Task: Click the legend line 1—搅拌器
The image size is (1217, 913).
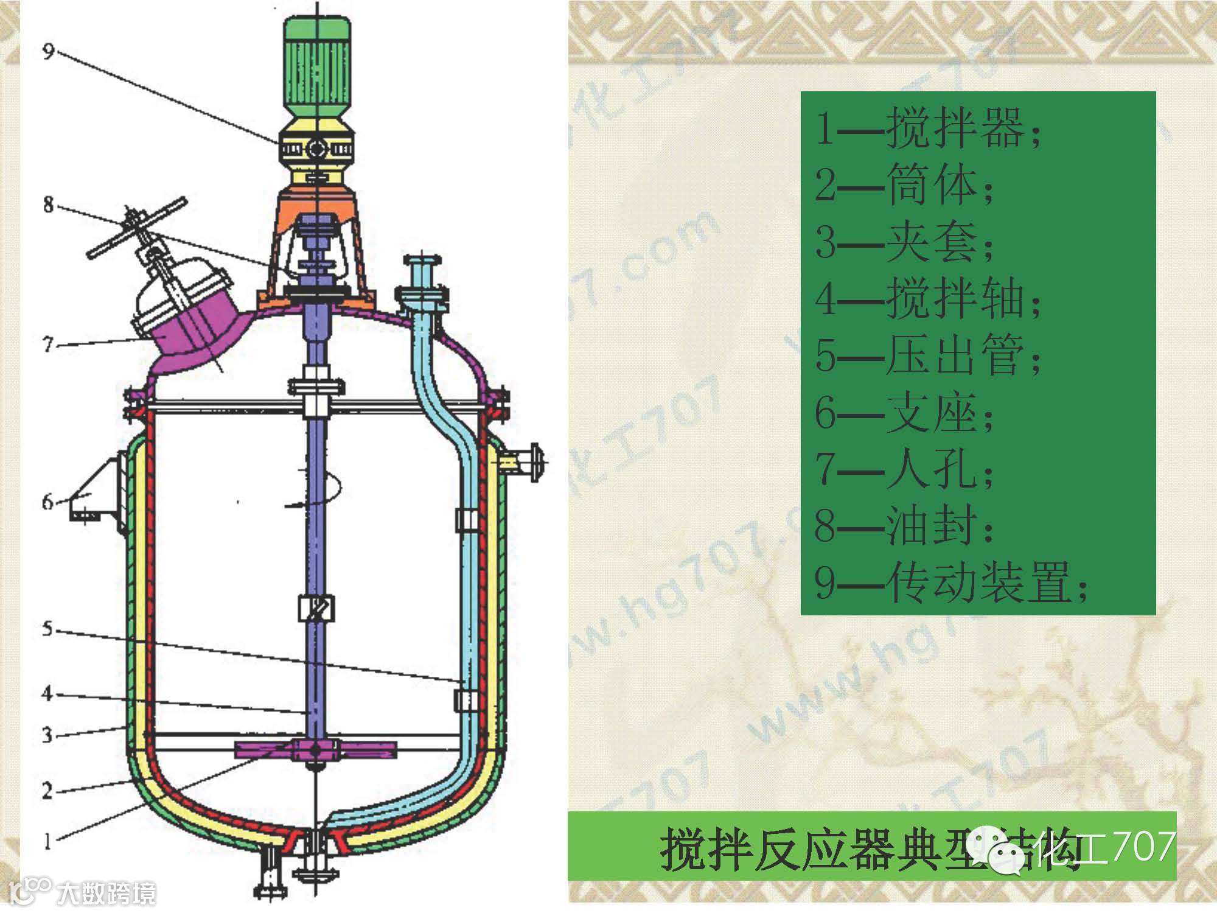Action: pyautogui.click(x=928, y=129)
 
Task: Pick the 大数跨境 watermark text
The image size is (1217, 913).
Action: pyautogui.click(x=106, y=893)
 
